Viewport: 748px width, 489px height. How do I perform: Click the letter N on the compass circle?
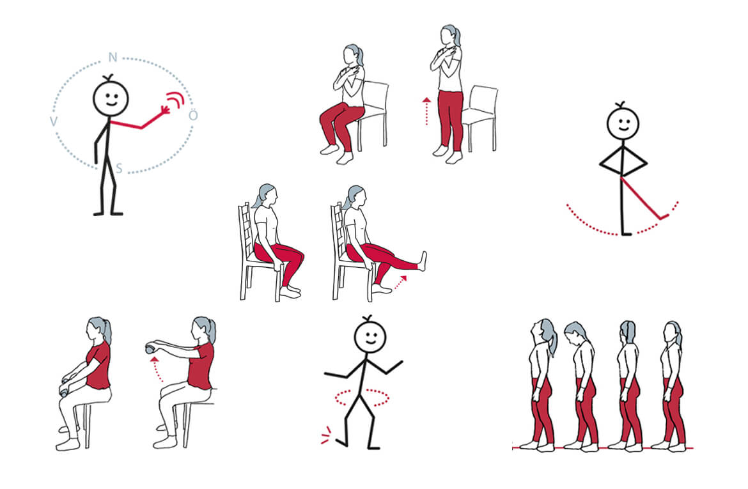click(x=113, y=58)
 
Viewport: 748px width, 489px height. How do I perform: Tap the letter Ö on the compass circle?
click(x=193, y=115)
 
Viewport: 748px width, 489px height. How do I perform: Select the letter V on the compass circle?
click(x=54, y=121)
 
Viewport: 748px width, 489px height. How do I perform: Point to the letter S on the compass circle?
click(x=120, y=168)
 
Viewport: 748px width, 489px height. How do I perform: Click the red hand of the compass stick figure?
click(x=166, y=110)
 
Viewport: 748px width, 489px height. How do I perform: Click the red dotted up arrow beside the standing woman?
click(x=426, y=111)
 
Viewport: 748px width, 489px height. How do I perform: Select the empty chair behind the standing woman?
click(x=479, y=118)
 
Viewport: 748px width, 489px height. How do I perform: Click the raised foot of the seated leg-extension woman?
click(x=422, y=261)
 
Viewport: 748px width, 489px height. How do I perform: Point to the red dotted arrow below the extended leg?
click(x=400, y=283)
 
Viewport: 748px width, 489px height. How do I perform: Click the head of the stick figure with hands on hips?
click(x=623, y=123)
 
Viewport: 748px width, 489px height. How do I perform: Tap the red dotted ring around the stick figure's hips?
click(x=362, y=398)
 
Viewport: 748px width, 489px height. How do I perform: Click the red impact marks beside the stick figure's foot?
click(x=326, y=435)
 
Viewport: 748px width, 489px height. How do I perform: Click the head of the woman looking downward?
click(x=575, y=333)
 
